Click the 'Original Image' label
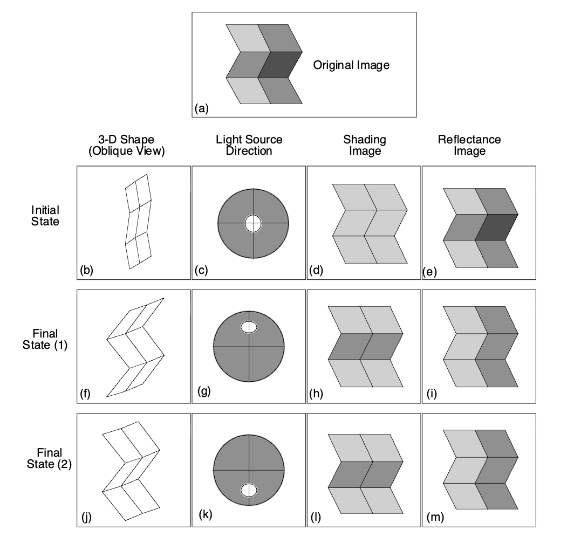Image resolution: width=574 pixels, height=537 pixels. tap(351, 66)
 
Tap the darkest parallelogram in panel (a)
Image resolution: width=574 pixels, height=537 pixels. tap(279, 65)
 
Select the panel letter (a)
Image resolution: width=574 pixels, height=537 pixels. tap(201, 109)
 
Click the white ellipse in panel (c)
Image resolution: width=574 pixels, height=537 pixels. tap(252, 223)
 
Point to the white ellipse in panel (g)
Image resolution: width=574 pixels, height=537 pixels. tap(249, 327)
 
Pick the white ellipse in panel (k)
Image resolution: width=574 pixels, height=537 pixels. tap(249, 490)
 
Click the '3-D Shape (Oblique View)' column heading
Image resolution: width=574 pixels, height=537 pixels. tap(126, 146)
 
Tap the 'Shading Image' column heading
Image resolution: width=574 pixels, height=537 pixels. tap(365, 146)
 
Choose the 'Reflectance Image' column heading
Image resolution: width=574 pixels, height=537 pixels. tap(469, 146)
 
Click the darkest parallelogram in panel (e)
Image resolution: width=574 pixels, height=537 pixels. tap(496, 227)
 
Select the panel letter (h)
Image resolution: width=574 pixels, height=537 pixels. tap(316, 394)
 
